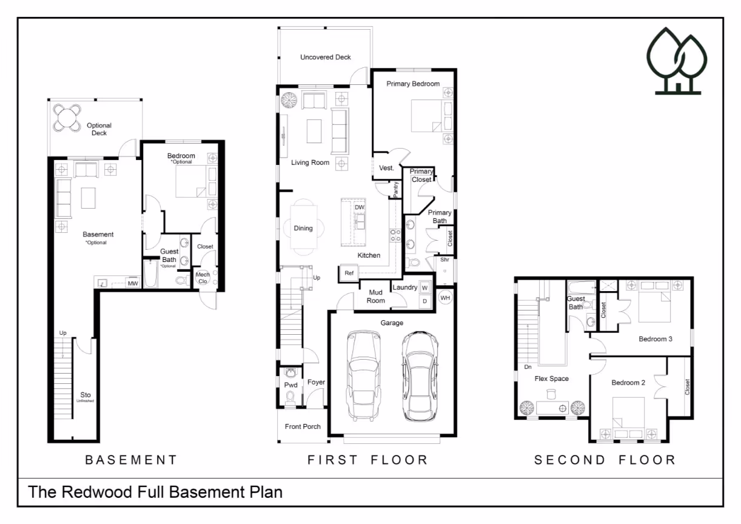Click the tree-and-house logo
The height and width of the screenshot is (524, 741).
click(677, 61)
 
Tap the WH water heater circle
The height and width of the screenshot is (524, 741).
click(445, 298)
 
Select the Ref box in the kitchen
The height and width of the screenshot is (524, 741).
click(349, 274)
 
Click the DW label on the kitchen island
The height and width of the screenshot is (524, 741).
click(359, 207)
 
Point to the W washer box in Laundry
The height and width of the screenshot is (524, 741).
click(424, 288)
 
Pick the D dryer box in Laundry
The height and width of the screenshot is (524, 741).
click(424, 301)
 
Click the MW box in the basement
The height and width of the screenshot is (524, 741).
click(133, 283)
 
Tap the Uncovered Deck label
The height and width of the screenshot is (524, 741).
click(325, 57)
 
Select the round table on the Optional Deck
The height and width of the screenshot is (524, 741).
click(67, 118)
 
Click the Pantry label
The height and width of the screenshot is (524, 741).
click(396, 190)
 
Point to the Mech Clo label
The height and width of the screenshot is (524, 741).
click(203, 278)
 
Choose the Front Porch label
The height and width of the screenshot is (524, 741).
click(303, 427)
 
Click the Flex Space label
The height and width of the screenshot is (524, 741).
click(551, 378)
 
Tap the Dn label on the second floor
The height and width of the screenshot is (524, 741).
click(528, 367)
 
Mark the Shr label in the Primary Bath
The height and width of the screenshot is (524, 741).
click(444, 260)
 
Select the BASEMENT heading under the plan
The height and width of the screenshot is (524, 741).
click(131, 460)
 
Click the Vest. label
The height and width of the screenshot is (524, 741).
click(386, 168)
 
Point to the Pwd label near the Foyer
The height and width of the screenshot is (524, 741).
click(291, 385)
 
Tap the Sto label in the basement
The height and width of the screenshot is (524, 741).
click(85, 395)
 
